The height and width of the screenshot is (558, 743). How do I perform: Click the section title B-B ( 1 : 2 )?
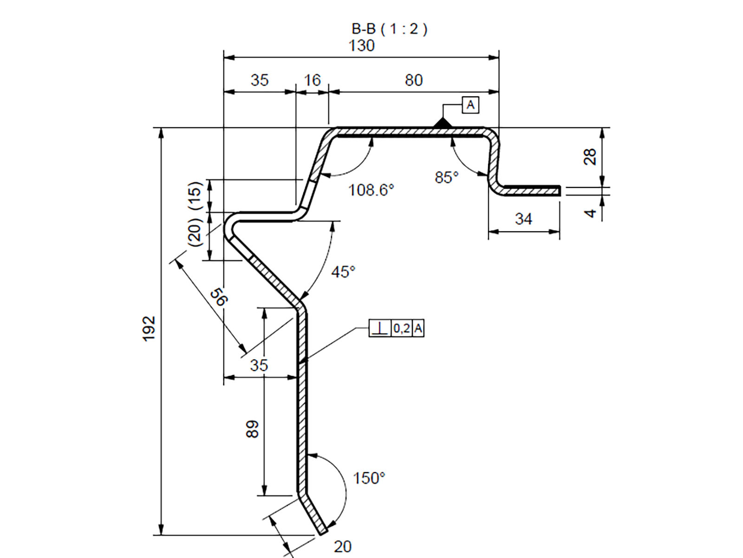pos(389,29)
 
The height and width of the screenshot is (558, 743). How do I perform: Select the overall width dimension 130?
pos(361,46)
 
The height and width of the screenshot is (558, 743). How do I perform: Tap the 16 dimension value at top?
pos(312,80)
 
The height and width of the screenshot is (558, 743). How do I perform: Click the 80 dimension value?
pos(413,80)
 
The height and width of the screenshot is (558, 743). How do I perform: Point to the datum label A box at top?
pos(470,105)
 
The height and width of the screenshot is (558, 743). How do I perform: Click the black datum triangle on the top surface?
pos(442,123)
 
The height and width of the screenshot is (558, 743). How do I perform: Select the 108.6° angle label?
pos(371,190)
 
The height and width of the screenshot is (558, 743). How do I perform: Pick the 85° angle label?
pos(446,177)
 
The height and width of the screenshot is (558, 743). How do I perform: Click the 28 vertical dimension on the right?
pos(590,157)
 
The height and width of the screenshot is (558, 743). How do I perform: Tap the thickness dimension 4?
pos(590,213)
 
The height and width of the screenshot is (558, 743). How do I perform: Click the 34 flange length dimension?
pos(523,219)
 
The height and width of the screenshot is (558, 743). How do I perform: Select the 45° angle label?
pos(343,272)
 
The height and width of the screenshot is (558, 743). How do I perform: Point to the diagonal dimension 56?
pos(218,297)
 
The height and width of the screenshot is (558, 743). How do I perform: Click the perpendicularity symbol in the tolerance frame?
pos(380,329)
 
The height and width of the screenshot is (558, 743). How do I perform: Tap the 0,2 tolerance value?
pos(402,329)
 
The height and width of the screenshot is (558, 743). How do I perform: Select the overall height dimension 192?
pos(149,328)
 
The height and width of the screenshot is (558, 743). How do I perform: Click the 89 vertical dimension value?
pos(252,429)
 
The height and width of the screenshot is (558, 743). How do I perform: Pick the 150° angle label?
pos(369,478)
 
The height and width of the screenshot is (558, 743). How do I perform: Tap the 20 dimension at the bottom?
pos(342,546)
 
